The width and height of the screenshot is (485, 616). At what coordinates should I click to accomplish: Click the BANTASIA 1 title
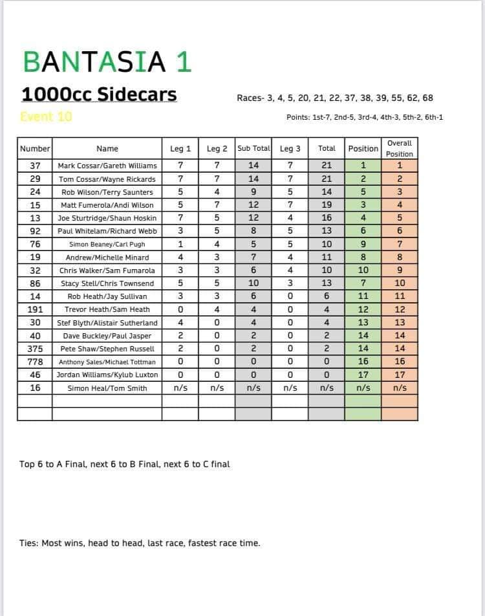(x=107, y=61)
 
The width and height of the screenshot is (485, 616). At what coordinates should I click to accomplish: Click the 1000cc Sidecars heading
(x=99, y=94)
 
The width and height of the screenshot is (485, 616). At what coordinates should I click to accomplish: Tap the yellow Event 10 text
(x=46, y=117)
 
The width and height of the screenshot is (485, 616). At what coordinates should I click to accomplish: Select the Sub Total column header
(x=253, y=148)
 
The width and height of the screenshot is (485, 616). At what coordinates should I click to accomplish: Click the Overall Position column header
(x=399, y=148)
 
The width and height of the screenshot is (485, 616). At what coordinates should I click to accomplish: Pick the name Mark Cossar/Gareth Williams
(x=107, y=166)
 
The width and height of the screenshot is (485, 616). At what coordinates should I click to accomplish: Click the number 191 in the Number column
(x=35, y=309)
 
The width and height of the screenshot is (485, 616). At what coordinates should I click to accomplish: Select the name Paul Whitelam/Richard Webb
(x=107, y=231)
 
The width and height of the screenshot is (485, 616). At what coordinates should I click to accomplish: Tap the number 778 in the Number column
(x=35, y=362)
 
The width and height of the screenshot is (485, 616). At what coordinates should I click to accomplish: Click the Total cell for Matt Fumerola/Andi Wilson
(x=327, y=205)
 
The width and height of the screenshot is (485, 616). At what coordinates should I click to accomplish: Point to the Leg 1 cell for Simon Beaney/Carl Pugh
(x=180, y=244)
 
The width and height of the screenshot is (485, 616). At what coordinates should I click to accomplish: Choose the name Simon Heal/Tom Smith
(x=107, y=388)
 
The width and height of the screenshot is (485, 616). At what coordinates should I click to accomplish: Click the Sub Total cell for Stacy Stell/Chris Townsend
(x=253, y=283)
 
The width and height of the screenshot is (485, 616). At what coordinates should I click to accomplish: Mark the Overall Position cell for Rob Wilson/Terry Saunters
(x=399, y=192)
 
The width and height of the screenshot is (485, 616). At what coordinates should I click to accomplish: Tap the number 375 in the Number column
(x=35, y=349)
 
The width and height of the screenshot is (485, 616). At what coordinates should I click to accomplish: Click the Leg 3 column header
(x=290, y=148)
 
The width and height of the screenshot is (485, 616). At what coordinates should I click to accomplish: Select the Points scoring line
(x=364, y=117)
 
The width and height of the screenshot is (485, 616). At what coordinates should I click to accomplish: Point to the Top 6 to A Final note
(x=124, y=464)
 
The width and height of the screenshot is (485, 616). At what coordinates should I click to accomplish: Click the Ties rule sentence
(x=140, y=543)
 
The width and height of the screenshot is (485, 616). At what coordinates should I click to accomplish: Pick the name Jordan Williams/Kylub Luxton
(x=107, y=375)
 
